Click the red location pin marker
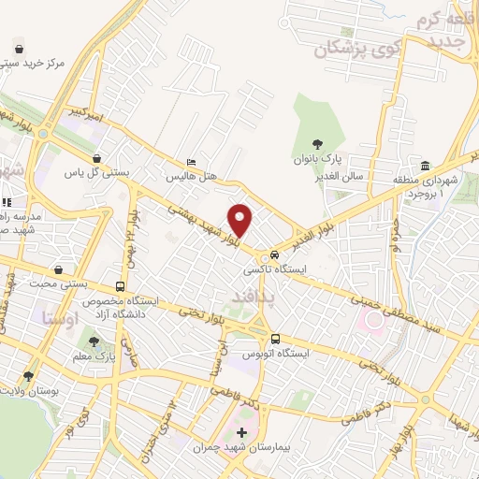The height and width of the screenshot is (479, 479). pyautogui.click(x=241, y=220)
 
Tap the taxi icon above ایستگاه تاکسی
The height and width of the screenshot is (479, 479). pyautogui.click(x=274, y=254)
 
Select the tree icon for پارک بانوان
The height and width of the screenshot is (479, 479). pyautogui.click(x=318, y=144)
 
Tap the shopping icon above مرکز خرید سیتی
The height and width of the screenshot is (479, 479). pyautogui.click(x=20, y=48)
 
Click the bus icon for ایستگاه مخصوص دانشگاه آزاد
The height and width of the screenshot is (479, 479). pyautogui.click(x=119, y=286)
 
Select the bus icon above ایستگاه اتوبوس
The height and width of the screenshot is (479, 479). pyautogui.click(x=274, y=339)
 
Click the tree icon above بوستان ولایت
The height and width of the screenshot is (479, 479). pyautogui.click(x=27, y=376)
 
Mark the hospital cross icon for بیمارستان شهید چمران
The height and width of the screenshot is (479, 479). pyautogui.click(x=242, y=432)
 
